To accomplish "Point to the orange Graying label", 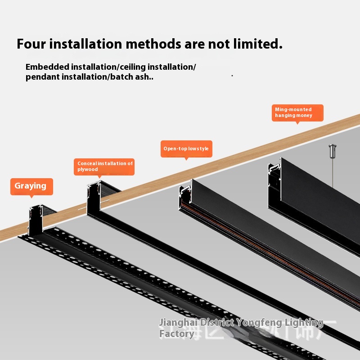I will click(31, 186).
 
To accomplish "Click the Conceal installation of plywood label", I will click(105, 166).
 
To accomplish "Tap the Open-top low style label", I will click(186, 148).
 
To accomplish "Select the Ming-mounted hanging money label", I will click(298, 112).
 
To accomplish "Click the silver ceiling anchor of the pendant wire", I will click(333, 151).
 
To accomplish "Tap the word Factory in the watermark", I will click(177, 333).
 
